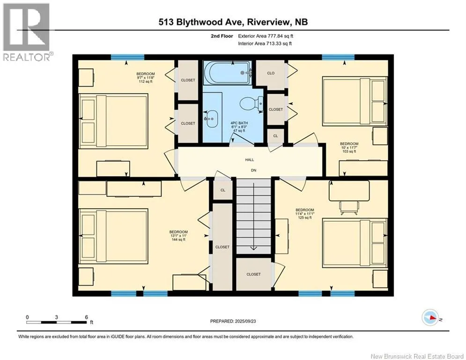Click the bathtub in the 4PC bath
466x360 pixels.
pyautogui.click(x=227, y=72)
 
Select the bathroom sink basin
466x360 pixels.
pyautogui.click(x=212, y=119)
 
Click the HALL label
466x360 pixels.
pyautogui.click(x=250, y=160)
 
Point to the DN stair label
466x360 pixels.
pyautogui.click(x=253, y=171)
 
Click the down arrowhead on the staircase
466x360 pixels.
pyautogui.click(x=253, y=248)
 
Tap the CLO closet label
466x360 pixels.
pyautogui.click(x=271, y=73)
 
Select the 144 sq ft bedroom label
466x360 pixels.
pyautogui.click(x=178, y=236)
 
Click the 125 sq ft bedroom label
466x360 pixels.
pyautogui.click(x=305, y=214)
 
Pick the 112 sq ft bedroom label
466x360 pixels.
pyautogui.click(x=146, y=78)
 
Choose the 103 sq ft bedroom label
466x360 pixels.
pyautogui.click(x=349, y=148)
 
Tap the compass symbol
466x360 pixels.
pyautogui.click(x=430, y=317)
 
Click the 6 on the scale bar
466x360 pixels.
pyautogui.click(x=87, y=317)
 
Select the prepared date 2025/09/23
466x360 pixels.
pyautogui.click(x=245, y=321)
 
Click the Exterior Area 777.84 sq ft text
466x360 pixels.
pyautogui.click(x=266, y=36)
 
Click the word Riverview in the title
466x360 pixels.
pyautogui.click(x=268, y=22)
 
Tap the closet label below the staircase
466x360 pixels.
pyautogui.click(x=253, y=274)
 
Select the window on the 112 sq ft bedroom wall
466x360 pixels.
pyautogui.click(x=127, y=57)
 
